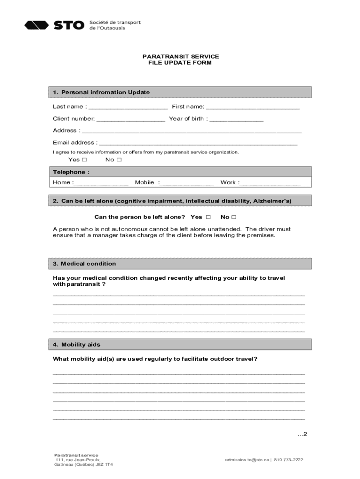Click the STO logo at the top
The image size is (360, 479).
tap(54, 25)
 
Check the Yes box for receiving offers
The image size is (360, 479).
tap(84, 160)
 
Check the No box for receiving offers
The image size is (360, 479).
tap(119, 160)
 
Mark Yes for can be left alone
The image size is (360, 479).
tap(208, 217)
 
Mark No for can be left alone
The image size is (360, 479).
tap(234, 217)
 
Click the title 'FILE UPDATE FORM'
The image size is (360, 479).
tap(180, 63)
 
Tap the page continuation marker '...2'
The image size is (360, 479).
tap(302, 434)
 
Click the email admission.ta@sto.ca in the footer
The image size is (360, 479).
tap(246, 460)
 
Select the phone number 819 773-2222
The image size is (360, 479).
tap(288, 460)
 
